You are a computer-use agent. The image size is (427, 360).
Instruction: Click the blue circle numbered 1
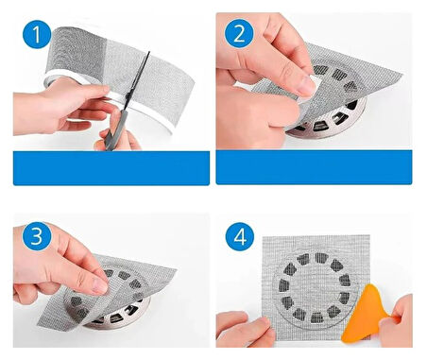(x=35, y=38)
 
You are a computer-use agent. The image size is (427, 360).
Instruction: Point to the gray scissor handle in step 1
(x=113, y=138)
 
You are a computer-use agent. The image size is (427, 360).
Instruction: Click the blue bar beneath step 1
(x=111, y=168)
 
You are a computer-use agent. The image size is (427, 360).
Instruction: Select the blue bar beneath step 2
(x=314, y=168)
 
